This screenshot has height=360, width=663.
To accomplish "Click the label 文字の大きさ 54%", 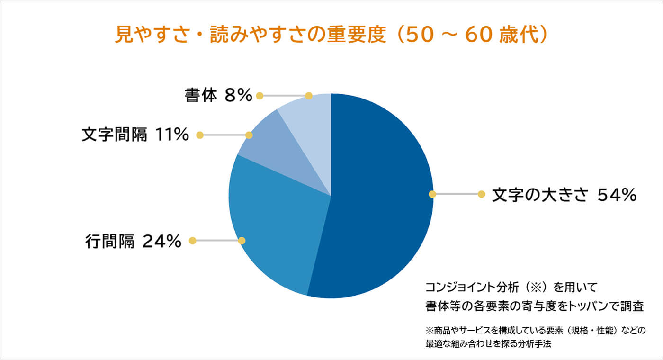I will click(564, 195).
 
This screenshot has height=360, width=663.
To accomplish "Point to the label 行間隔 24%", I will click(134, 241).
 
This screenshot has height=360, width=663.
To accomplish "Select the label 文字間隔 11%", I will click(135, 135).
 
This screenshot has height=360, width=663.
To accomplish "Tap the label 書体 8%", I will click(218, 96).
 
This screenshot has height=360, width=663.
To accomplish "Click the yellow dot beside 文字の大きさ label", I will click(481, 194).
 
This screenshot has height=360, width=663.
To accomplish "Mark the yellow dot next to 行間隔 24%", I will click(192, 241).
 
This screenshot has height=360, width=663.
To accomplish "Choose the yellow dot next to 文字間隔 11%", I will click(199, 135).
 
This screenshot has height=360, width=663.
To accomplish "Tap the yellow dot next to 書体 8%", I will click(260, 96).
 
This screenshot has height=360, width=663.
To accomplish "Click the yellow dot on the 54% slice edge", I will click(431, 194).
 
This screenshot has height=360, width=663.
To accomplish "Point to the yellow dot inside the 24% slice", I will click(242, 241).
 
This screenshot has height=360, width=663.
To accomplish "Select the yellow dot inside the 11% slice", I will click(249, 135).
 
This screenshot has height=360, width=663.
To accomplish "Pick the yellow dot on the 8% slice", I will click(309, 96).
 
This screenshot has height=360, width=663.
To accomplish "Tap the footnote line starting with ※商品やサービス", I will click(535, 330).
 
